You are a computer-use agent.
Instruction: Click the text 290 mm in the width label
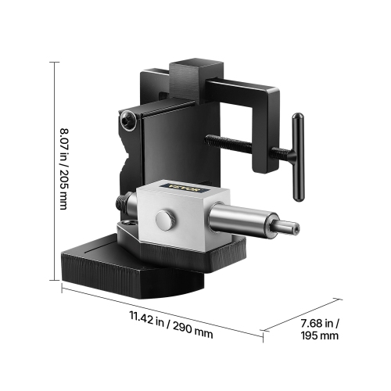(192, 331)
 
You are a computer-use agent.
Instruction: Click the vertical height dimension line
(54, 172)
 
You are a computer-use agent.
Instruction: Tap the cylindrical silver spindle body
(251, 222)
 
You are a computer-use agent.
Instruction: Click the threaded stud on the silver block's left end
(122, 203)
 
